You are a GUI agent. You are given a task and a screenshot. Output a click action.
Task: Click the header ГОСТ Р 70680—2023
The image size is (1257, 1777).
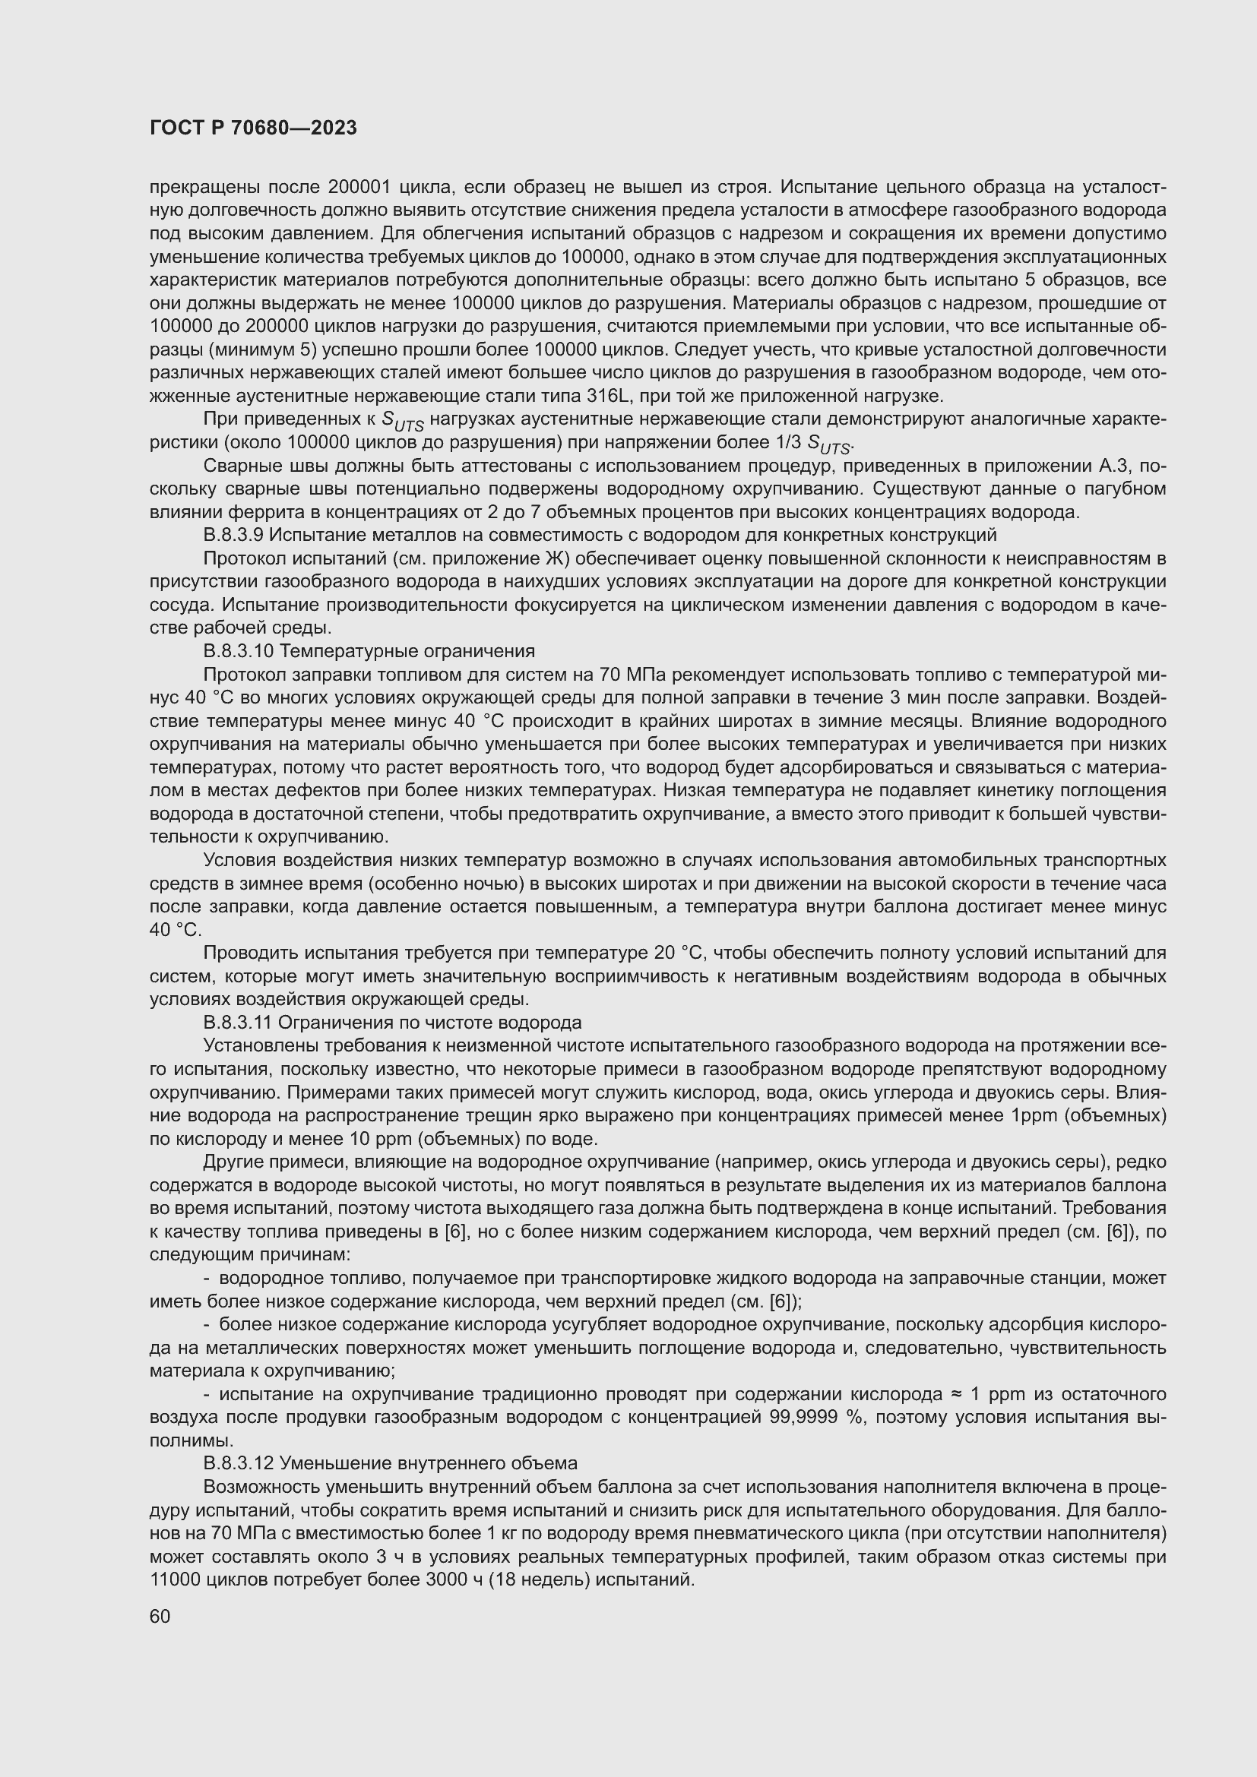pos(253,128)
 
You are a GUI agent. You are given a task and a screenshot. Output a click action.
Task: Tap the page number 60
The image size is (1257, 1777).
pos(160,1617)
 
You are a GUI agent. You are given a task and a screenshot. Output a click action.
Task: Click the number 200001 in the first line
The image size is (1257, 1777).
pos(358,188)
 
